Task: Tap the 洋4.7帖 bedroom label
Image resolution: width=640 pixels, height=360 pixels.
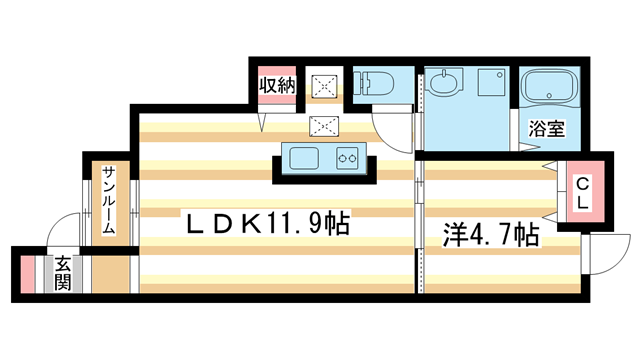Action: click(491, 236)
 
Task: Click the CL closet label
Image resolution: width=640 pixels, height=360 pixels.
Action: click(580, 192)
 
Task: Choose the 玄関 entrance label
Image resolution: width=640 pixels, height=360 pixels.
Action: click(62, 272)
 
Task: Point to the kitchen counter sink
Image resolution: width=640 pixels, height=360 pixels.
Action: click(302, 157)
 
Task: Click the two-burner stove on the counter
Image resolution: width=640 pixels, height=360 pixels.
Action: click(347, 157)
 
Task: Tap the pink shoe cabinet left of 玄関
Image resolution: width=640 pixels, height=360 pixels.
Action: click(28, 273)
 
